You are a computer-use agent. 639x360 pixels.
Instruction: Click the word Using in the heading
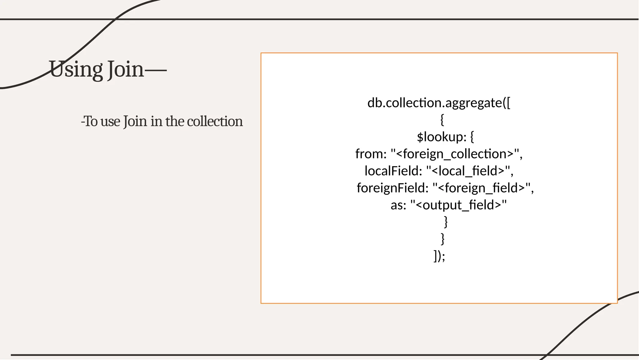[76, 69]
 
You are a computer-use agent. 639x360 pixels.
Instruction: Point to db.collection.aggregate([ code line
[439, 103]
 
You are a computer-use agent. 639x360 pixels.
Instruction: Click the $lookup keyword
[441, 137]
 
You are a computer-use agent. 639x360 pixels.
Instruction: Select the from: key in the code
[371, 154]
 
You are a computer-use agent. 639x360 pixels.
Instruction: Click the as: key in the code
[398, 205]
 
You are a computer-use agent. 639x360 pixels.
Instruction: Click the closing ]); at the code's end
[439, 256]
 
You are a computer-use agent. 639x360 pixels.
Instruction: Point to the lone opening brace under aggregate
[442, 120]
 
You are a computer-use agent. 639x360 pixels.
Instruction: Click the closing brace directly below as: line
[446, 222]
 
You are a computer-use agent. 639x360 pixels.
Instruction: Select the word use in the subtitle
[110, 121]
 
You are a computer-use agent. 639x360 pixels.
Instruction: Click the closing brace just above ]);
[442, 239]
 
